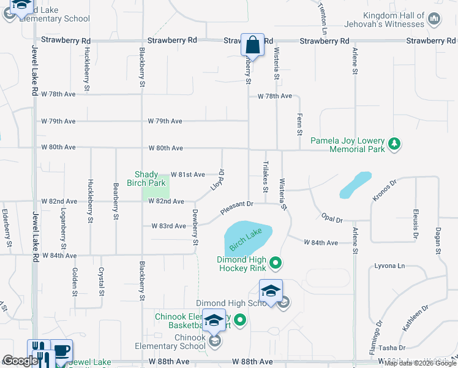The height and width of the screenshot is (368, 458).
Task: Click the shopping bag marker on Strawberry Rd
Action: (x=252, y=45)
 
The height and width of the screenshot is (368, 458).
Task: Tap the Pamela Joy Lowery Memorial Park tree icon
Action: (x=396, y=144)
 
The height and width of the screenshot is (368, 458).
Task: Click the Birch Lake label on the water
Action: (x=246, y=239)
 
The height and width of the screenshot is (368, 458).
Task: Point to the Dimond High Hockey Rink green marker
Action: (x=276, y=264)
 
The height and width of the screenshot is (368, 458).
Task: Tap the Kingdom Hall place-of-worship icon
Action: (x=435, y=19)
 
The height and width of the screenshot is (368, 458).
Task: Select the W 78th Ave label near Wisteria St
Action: (x=274, y=96)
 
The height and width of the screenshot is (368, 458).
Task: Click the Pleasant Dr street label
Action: (x=237, y=209)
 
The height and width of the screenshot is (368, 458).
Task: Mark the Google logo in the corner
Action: (x=20, y=361)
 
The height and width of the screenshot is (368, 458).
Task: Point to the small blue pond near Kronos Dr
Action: (x=355, y=185)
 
